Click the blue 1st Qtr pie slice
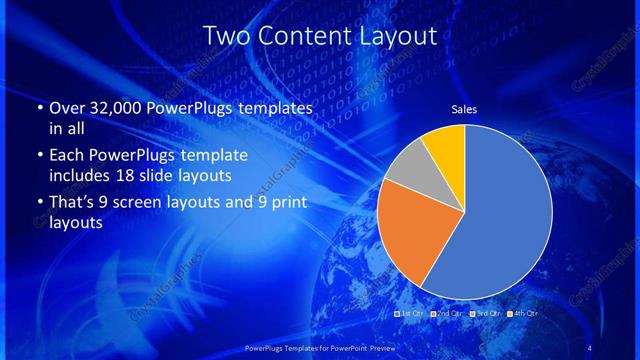[500, 215]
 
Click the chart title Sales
[464, 109]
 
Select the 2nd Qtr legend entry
[447, 314]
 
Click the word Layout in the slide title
[400, 36]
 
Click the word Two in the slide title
[225, 36]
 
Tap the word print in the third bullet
[288, 203]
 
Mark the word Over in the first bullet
[66, 108]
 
